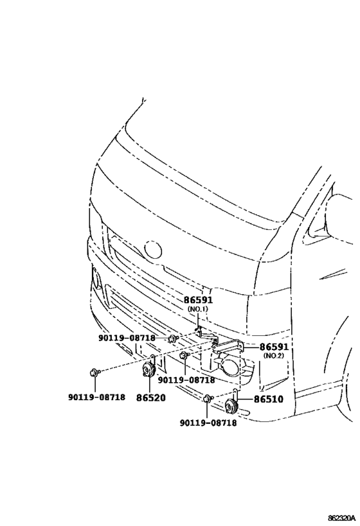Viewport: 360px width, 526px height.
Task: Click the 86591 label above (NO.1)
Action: click(x=198, y=300)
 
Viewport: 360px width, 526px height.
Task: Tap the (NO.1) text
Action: click(x=198, y=309)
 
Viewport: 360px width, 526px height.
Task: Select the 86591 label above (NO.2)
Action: click(x=274, y=347)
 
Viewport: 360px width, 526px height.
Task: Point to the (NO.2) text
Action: click(x=274, y=356)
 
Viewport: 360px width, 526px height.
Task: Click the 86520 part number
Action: click(x=151, y=398)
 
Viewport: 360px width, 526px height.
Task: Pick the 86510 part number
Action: click(x=268, y=399)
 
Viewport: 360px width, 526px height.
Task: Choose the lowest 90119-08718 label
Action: click(x=208, y=423)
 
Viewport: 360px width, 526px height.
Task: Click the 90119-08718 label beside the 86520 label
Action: click(x=96, y=397)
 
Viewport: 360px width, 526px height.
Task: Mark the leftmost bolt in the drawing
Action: click(x=94, y=372)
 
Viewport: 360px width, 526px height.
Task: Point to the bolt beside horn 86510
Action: click(x=208, y=399)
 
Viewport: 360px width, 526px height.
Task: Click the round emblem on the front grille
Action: click(x=153, y=250)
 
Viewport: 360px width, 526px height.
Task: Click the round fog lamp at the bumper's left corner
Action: click(x=97, y=279)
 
